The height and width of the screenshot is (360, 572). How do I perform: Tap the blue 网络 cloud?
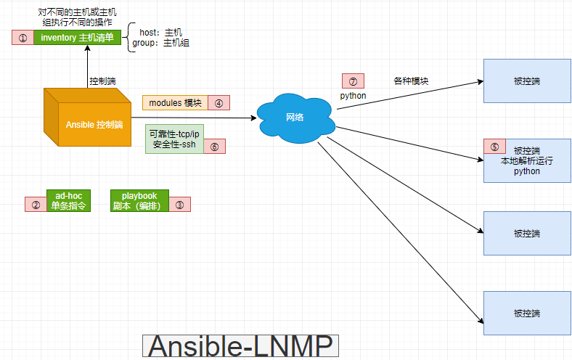click(x=295, y=117)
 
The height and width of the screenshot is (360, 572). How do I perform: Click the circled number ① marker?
click(x=23, y=38)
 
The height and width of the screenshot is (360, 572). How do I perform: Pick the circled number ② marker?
click(x=36, y=205)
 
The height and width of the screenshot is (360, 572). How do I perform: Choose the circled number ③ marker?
click(x=179, y=205)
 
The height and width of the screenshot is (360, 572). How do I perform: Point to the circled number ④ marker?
click(x=219, y=102)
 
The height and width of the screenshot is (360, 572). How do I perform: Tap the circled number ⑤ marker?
click(x=495, y=146)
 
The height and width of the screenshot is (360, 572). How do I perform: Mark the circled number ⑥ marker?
click(x=214, y=146)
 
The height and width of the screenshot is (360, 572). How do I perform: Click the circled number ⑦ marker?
click(x=353, y=81)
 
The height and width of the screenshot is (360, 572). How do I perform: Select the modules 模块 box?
click(x=175, y=102)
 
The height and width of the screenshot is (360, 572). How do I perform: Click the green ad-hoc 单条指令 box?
click(x=69, y=200)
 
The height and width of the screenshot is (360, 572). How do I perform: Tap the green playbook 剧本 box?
click(x=139, y=200)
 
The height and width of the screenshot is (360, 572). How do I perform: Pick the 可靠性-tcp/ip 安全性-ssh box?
click(x=173, y=139)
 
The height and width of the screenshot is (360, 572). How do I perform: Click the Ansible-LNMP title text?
click(x=241, y=347)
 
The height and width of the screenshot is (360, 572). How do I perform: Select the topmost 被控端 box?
click(x=526, y=81)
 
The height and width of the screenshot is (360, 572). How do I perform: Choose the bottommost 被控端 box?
click(x=526, y=314)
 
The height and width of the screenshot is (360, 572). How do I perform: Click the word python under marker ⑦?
click(x=353, y=95)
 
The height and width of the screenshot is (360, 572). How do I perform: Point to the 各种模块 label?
click(x=411, y=81)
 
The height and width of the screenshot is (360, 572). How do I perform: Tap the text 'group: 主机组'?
click(x=160, y=44)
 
